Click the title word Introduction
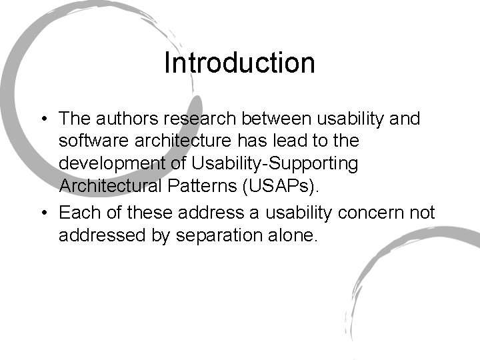point(239,63)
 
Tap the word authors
point(123,119)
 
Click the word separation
point(213,236)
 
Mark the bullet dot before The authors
point(43,119)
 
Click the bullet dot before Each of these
point(43,213)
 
